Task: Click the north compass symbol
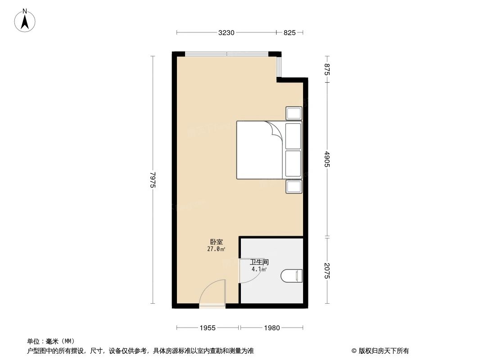pos(25,21)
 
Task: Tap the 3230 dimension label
pos(227,32)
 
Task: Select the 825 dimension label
pos(289,32)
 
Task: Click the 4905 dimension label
pos(327,159)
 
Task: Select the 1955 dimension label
pos(208,328)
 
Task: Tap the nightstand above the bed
pos(294,113)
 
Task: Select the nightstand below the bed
pos(294,186)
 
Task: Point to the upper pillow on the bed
pos(293,135)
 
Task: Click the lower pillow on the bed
pos(293,164)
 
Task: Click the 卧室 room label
pos(216,242)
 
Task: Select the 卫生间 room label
pos(259,262)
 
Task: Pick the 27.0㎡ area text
pos(216,249)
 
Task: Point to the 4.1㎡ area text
pos(259,270)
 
